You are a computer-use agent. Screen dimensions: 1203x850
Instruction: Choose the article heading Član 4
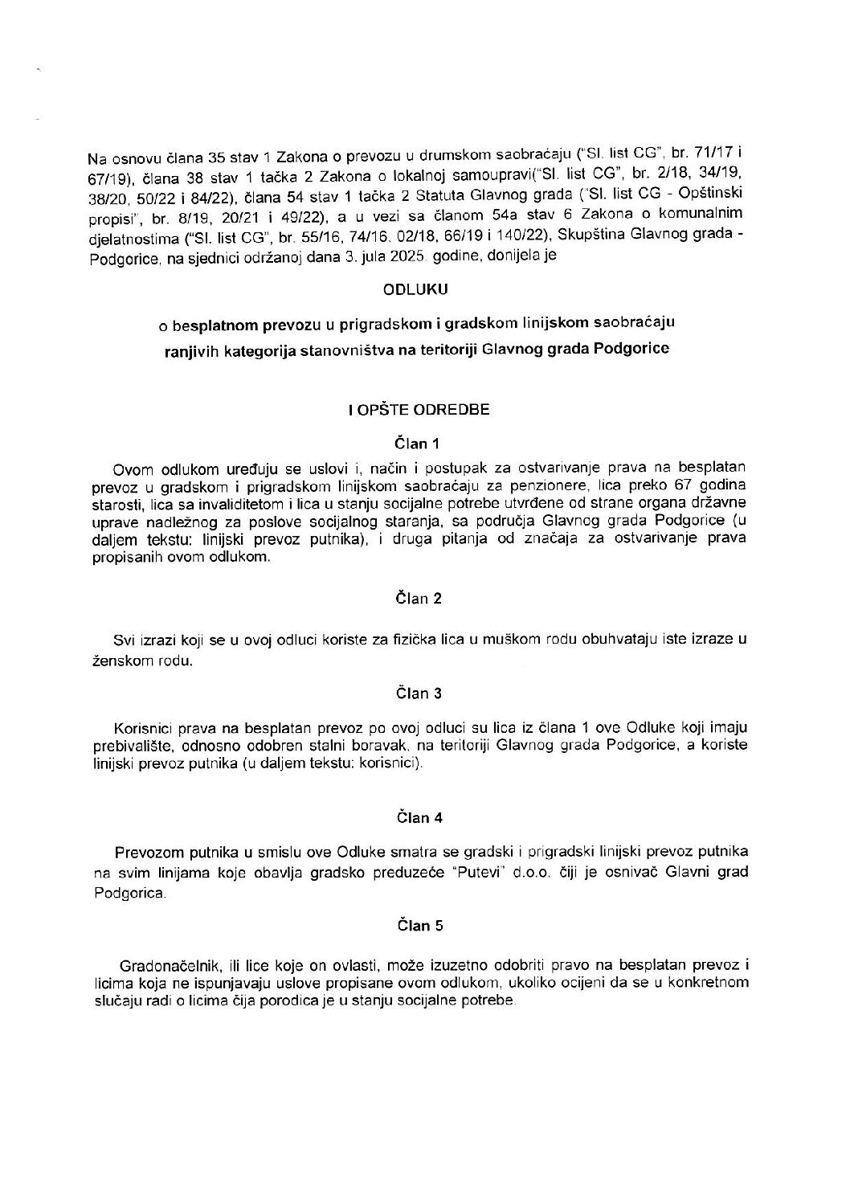point(419,817)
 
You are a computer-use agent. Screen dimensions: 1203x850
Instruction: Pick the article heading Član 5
point(419,926)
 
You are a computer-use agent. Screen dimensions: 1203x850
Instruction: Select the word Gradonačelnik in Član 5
point(162,964)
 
